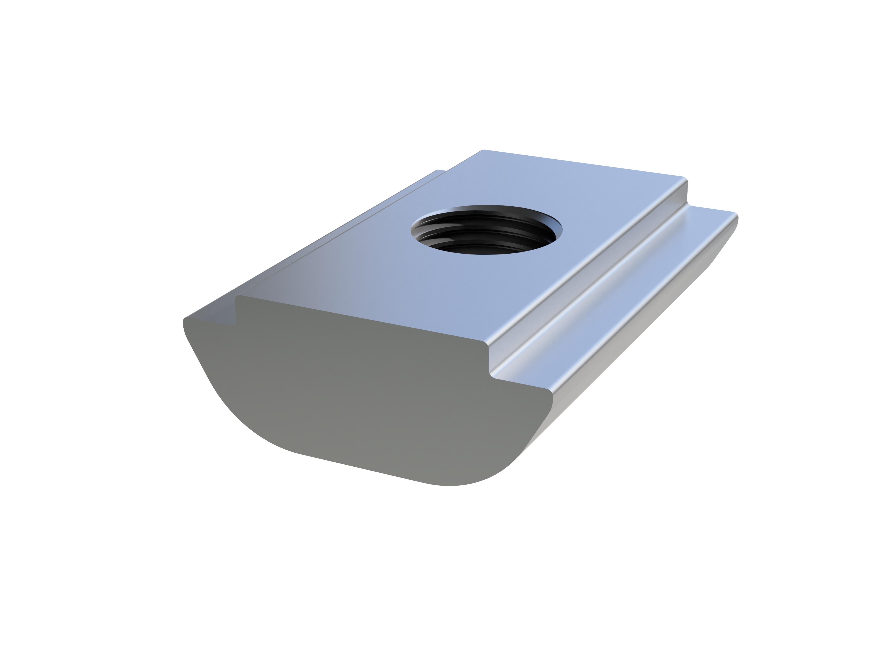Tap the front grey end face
(360, 393)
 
